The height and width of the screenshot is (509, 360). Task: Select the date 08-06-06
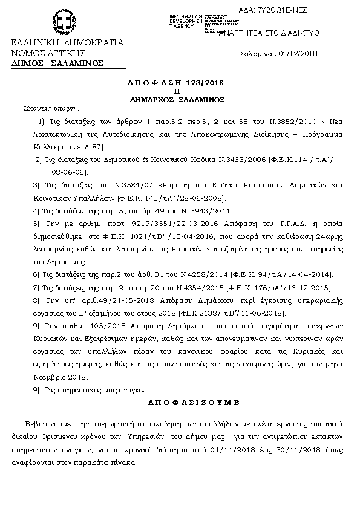click(x=68, y=172)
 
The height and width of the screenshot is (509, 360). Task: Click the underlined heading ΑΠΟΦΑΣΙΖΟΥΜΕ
click(x=194, y=401)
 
